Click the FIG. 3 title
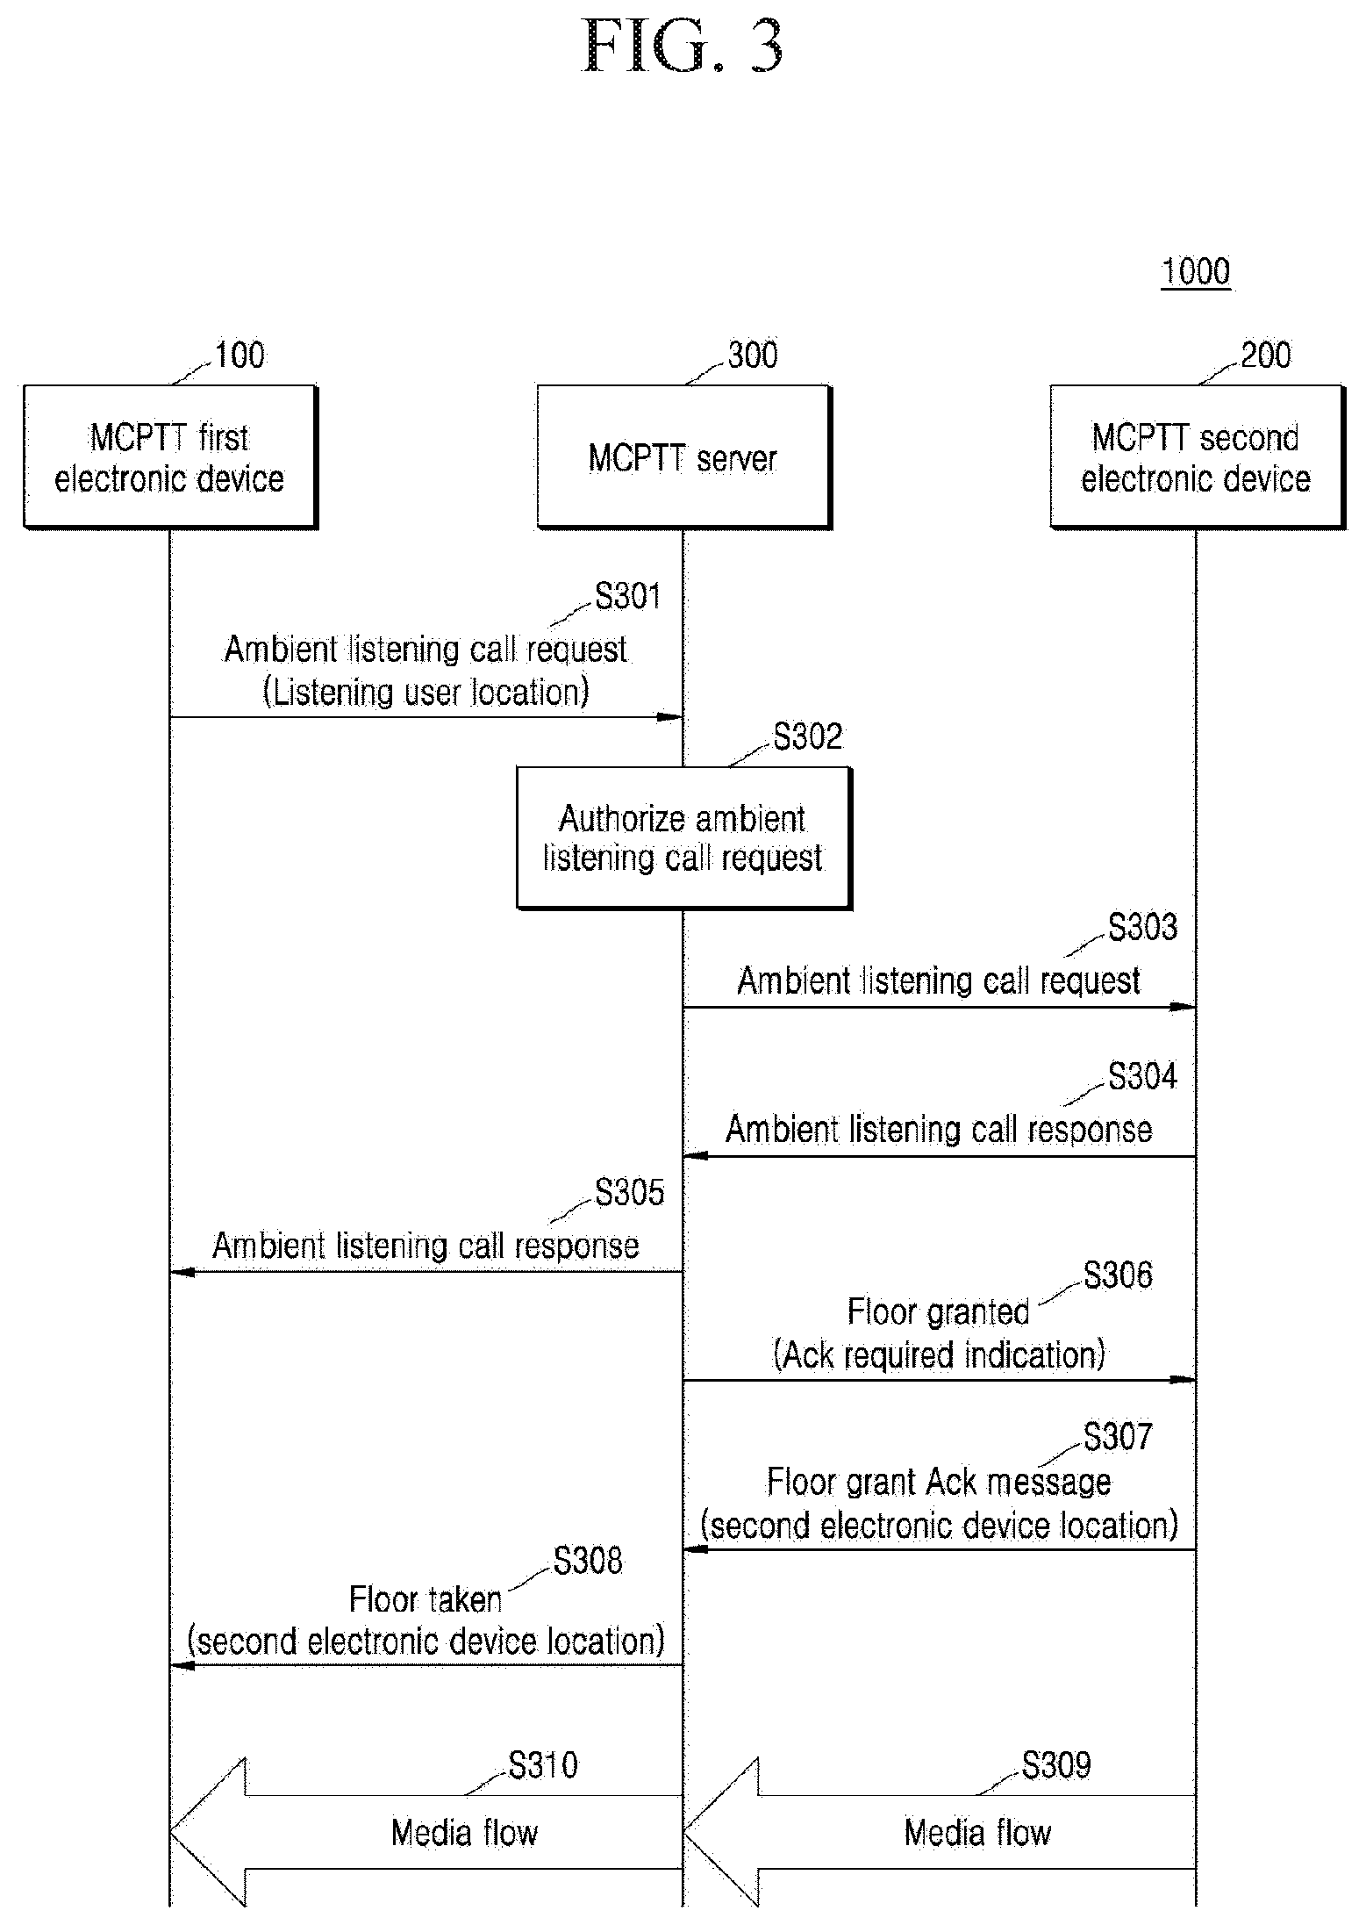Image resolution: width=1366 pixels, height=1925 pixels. (x=683, y=47)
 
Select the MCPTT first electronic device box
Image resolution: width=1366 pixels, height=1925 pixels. (x=170, y=456)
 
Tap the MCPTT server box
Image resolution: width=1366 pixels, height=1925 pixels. (x=683, y=456)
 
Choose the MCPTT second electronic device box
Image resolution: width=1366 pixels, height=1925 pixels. (x=1197, y=456)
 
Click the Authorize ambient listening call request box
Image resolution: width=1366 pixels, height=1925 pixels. (x=683, y=838)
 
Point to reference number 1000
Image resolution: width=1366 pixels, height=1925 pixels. (x=1196, y=271)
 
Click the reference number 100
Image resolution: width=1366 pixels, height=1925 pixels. (x=240, y=355)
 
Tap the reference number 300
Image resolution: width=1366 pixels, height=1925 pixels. (x=753, y=355)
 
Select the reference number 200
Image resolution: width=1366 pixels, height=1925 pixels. (x=1266, y=355)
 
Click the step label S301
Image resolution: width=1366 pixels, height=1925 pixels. (x=628, y=596)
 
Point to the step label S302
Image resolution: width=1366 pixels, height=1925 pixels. (x=807, y=736)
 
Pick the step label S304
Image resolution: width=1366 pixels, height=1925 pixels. (x=1142, y=1076)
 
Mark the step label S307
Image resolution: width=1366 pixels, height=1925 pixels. (x=1118, y=1437)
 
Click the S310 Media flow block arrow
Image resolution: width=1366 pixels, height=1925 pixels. (x=426, y=1832)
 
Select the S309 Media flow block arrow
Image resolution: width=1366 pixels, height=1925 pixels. (x=940, y=1832)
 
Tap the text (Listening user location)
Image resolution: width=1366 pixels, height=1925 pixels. (x=426, y=692)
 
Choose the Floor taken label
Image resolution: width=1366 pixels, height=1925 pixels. (x=426, y=1599)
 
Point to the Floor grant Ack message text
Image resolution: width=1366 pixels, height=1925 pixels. (x=939, y=1482)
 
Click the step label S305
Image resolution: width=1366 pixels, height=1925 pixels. (x=630, y=1192)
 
